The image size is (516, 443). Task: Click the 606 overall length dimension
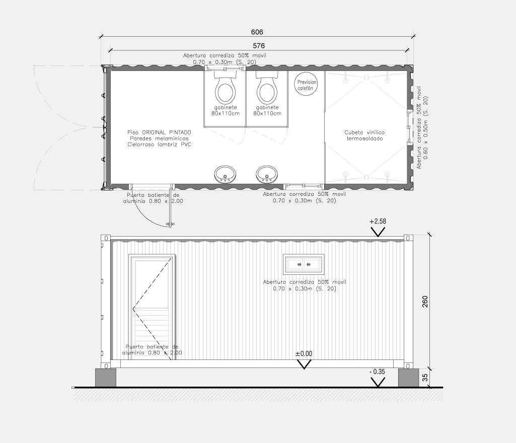tap(257, 32)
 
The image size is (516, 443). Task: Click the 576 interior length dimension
tap(259, 46)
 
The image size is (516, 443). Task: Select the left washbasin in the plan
tap(225, 175)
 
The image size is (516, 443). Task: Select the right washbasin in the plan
tap(267, 175)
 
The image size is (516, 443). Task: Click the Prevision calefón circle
tap(307, 84)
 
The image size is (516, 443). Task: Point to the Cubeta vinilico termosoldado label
tap(364, 135)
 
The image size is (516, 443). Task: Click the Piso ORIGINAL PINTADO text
tap(159, 132)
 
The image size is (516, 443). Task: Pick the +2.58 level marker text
tap(378, 221)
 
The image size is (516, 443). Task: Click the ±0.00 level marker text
tap(304, 354)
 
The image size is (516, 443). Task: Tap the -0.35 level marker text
tap(377, 372)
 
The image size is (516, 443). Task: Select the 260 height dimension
tap(425, 302)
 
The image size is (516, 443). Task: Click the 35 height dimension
tap(425, 378)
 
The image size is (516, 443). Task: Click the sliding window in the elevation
tap(304, 264)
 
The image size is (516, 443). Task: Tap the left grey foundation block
tap(106, 378)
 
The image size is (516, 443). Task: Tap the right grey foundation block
tap(408, 378)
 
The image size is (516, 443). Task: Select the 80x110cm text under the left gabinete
tap(226, 114)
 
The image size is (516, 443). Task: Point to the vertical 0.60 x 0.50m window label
tap(426, 128)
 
